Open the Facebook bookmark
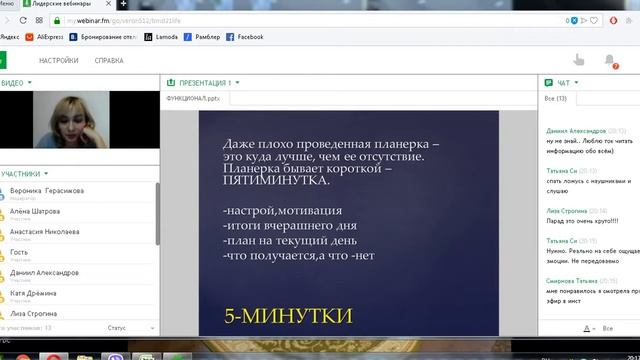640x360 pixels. click(x=245, y=37)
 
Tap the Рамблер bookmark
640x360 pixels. click(x=203, y=37)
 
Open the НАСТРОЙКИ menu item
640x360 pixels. click(x=59, y=60)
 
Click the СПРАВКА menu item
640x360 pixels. click(x=109, y=60)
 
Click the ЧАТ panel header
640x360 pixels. click(x=564, y=83)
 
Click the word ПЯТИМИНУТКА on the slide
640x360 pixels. click(x=275, y=185)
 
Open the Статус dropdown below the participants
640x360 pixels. click(x=121, y=327)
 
